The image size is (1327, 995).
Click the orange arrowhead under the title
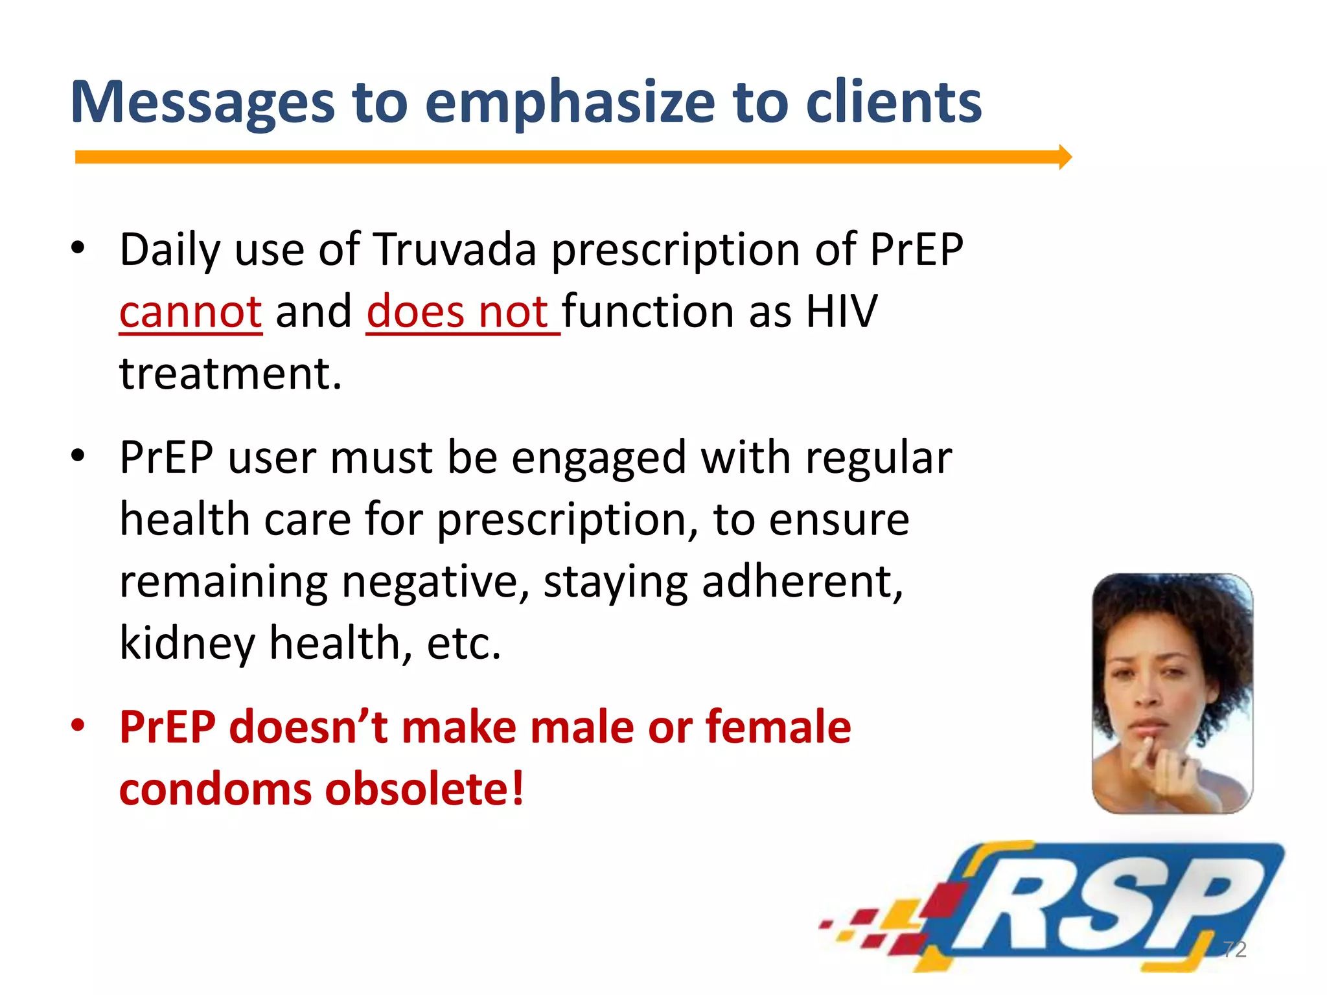tap(1065, 157)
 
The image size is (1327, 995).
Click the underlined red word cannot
tap(190, 312)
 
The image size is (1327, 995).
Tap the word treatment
tap(229, 374)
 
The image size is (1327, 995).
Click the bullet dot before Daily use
tap(78, 248)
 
